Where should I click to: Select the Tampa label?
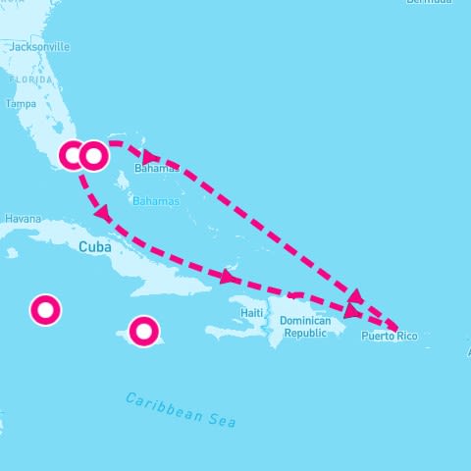coord(21,103)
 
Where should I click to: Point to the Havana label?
coord(22,218)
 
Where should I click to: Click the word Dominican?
coord(305,321)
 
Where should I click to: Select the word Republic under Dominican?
coord(304,333)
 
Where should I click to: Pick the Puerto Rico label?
coord(389,337)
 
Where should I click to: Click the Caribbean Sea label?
coord(181,409)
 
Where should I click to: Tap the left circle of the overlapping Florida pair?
coord(73,156)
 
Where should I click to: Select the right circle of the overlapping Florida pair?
coord(93,155)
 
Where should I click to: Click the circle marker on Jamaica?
coord(143,332)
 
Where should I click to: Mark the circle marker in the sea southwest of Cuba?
coord(45,310)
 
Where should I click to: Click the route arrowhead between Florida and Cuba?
coord(101,212)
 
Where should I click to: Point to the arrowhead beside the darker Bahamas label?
coord(150,156)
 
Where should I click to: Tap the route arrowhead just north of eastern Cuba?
coord(228,278)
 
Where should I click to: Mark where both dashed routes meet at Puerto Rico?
coord(395,328)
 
